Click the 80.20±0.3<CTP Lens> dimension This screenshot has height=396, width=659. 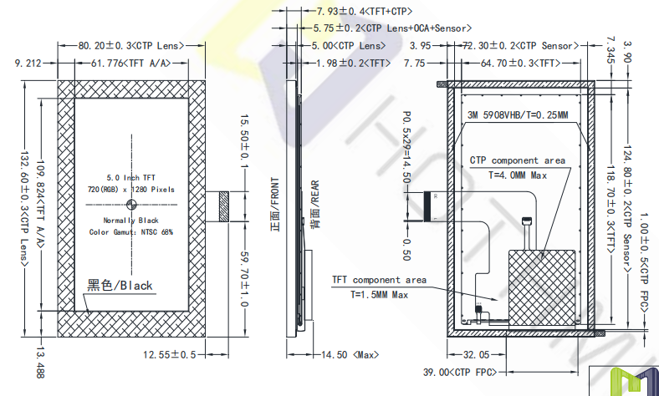coord(131,46)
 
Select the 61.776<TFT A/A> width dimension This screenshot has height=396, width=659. coord(131,63)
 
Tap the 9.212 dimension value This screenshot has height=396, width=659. coord(28,63)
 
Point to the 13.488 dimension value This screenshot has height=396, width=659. coord(40,363)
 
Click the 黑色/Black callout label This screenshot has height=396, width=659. coord(120,286)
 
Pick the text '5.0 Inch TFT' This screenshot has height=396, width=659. coord(131,178)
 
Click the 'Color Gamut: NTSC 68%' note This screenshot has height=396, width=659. coord(131,231)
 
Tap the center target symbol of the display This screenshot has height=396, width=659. coord(131,205)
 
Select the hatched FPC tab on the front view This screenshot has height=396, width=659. coord(224,206)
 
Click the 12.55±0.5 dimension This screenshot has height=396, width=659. coord(170,355)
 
